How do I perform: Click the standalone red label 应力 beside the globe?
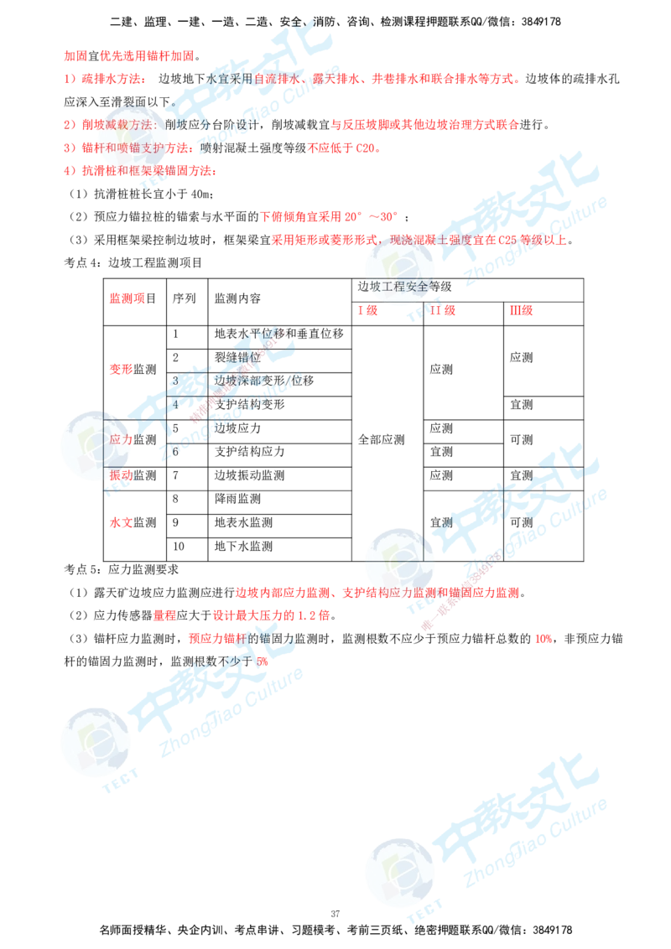[121, 438]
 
